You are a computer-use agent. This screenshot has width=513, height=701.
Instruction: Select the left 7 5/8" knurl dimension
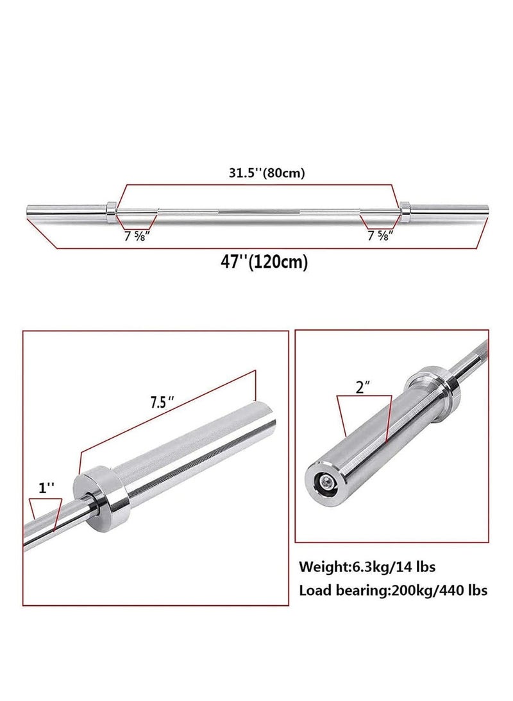(x=137, y=235)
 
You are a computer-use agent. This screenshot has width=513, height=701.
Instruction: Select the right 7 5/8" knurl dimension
(x=380, y=235)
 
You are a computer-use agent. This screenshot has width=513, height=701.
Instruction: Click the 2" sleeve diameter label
(x=364, y=388)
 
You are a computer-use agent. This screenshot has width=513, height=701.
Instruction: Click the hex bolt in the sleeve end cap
(x=326, y=481)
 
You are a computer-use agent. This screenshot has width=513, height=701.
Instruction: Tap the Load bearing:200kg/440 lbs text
(x=392, y=590)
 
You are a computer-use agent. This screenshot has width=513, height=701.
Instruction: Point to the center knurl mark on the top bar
(x=258, y=210)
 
